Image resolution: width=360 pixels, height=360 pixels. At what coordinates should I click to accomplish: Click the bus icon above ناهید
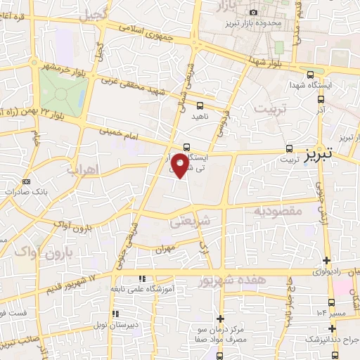click(200, 106)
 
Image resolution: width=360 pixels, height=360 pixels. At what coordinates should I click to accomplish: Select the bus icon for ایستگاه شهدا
click(310, 75)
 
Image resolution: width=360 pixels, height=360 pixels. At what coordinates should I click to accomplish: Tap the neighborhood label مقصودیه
click(278, 210)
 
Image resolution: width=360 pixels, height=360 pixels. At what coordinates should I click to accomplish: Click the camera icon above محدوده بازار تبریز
click(253, 12)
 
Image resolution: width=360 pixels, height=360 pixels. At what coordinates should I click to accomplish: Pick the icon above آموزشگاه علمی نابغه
click(142, 279)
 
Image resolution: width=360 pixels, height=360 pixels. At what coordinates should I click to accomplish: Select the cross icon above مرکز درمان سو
click(221, 319)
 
